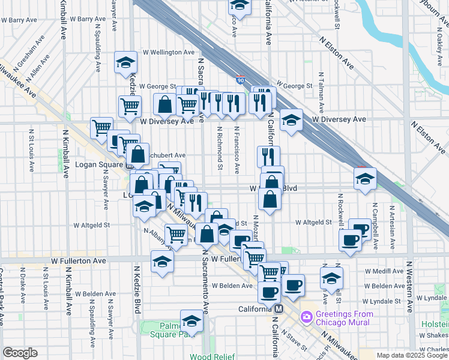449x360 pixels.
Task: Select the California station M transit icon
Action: [x=279, y=310]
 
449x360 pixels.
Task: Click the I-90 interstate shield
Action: [x=240, y=79]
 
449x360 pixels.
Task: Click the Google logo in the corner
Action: [x=20, y=352]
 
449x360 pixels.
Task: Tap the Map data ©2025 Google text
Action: [x=412, y=355]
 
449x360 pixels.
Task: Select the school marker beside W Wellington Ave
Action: [x=126, y=63]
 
